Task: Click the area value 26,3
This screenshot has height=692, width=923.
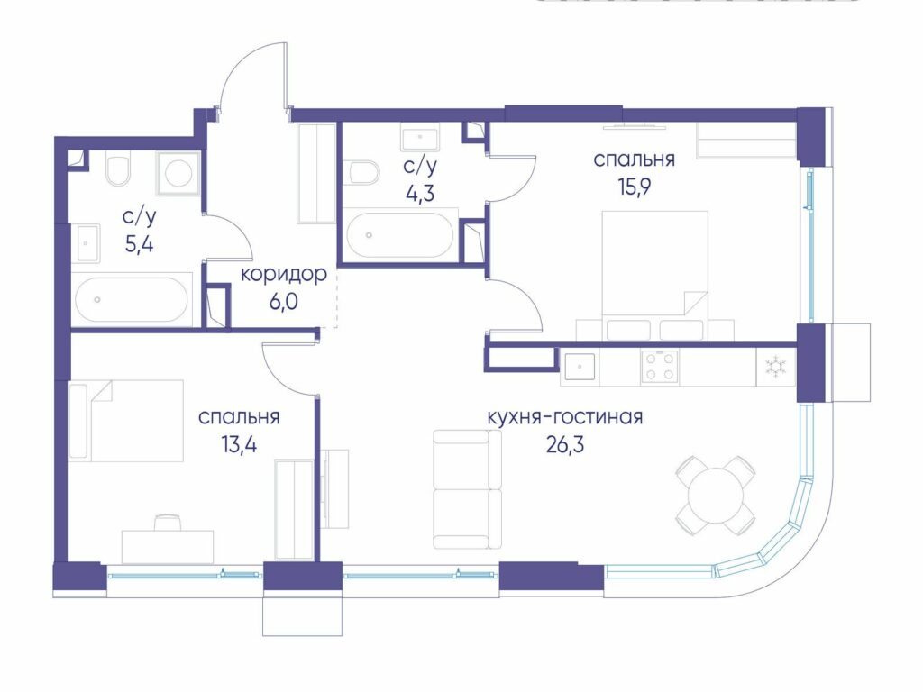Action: (565, 445)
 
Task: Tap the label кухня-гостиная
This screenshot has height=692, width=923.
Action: (565, 417)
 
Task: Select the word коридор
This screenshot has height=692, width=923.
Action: (284, 275)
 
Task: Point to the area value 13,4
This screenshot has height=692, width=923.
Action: (239, 445)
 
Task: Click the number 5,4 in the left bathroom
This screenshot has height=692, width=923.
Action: (140, 243)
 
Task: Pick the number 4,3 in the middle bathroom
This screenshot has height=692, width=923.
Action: (420, 193)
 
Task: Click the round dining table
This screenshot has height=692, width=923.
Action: (715, 495)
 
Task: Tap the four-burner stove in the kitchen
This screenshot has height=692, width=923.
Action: (660, 367)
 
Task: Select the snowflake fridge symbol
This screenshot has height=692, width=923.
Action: (776, 368)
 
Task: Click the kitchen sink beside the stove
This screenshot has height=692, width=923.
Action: (580, 368)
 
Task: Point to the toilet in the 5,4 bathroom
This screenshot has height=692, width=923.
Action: (118, 168)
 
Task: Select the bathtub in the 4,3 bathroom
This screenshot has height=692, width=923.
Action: (400, 235)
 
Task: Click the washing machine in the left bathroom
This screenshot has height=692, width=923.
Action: (178, 173)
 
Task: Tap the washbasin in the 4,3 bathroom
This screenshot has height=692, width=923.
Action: (420, 137)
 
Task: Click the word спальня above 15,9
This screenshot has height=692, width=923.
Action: (634, 160)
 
